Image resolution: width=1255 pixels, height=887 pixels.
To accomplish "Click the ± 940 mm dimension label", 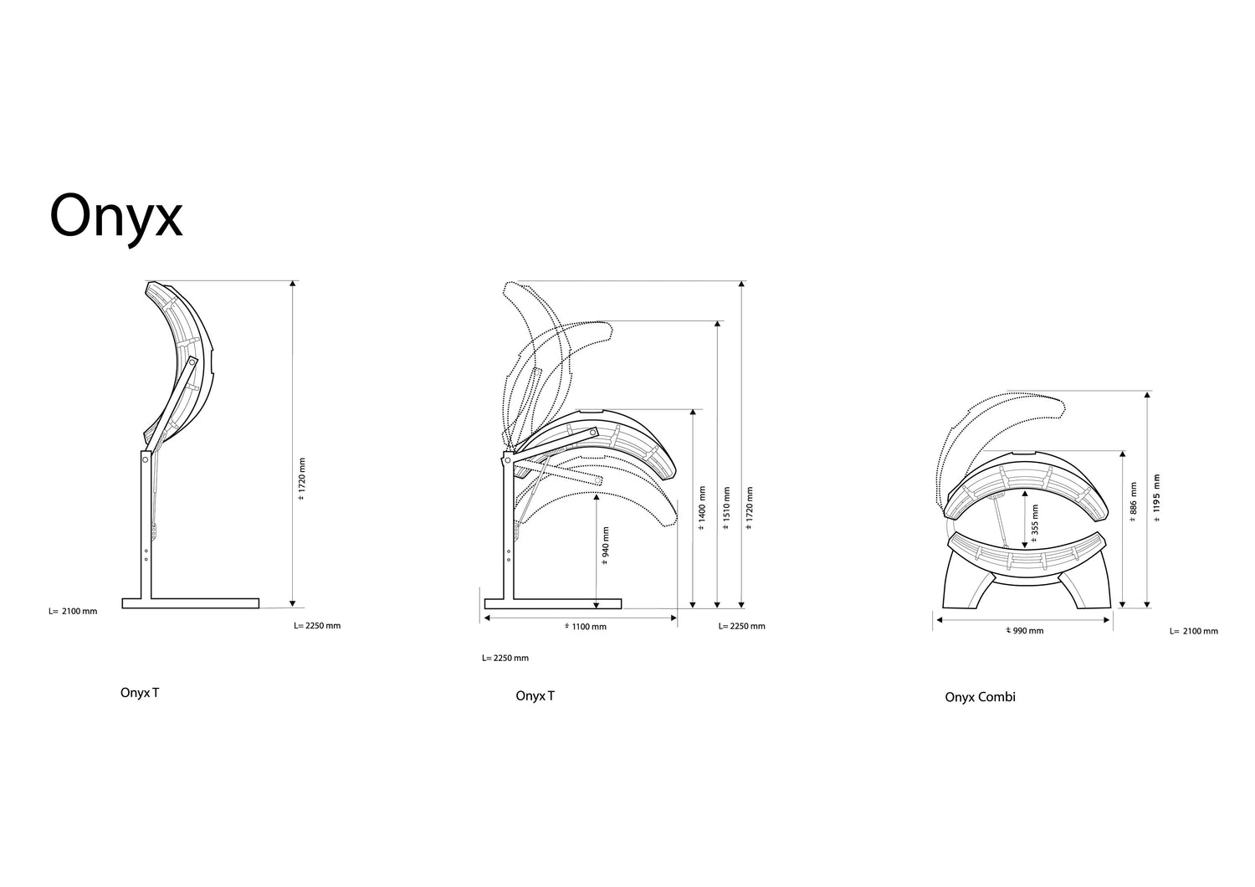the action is (605, 546).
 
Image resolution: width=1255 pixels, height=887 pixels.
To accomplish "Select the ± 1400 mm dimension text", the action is (701, 508).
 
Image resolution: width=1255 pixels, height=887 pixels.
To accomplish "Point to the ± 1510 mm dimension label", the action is (726, 508).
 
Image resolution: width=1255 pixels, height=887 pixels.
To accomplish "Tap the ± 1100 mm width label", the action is (586, 627).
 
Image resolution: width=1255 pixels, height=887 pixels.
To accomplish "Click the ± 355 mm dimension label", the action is (1034, 523).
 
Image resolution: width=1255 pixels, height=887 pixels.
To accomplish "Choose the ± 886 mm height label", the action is (1133, 501).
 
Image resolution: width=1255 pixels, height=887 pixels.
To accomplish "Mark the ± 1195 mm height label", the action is (1157, 498).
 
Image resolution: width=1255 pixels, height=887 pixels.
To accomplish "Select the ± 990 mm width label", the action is (1025, 630).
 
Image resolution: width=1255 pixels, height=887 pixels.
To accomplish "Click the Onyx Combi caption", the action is (980, 697).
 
